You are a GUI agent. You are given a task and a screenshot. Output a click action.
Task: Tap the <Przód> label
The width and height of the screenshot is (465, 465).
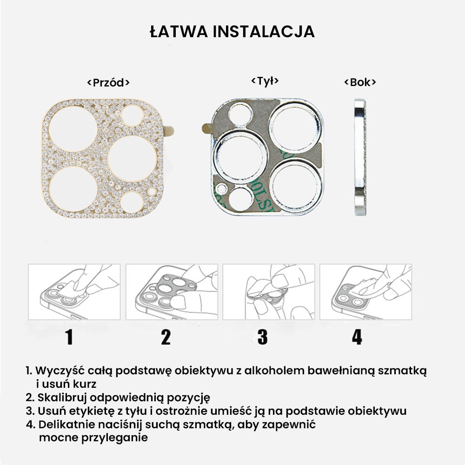click(x=108, y=83)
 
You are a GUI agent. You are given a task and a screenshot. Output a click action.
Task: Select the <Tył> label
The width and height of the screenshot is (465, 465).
click(x=265, y=81)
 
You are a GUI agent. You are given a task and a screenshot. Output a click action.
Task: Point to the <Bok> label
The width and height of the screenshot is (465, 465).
click(x=360, y=82)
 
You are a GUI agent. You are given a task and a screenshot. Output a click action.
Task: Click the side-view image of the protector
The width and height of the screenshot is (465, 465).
click(x=359, y=157)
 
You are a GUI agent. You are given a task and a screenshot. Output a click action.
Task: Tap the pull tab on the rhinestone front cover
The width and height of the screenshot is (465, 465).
click(x=169, y=131)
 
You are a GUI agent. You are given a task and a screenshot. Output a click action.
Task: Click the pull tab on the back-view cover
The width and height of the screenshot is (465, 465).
click(x=207, y=128)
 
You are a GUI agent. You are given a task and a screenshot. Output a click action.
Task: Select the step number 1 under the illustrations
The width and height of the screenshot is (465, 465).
click(x=69, y=337)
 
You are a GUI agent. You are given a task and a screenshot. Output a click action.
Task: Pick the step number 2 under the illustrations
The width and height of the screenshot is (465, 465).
click(x=166, y=337)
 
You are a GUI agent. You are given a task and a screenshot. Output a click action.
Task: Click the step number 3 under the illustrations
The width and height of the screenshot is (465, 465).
click(x=262, y=337)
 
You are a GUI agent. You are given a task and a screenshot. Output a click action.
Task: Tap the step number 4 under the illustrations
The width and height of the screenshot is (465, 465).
click(x=357, y=337)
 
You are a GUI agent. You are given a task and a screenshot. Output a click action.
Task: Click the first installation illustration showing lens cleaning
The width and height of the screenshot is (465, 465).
click(x=74, y=292)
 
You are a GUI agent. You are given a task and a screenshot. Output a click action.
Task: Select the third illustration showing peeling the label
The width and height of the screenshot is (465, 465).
click(x=268, y=292)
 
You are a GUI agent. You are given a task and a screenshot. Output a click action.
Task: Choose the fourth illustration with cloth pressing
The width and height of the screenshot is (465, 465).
click(x=365, y=292)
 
